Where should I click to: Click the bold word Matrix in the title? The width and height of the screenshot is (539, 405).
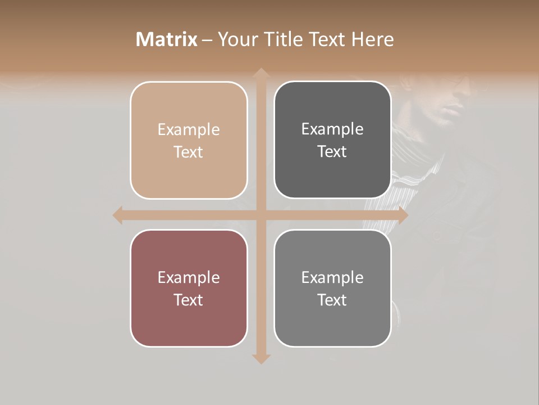[167, 39]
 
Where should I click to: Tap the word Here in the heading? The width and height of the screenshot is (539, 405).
[372, 39]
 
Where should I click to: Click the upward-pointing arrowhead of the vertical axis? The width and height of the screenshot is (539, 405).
[261, 74]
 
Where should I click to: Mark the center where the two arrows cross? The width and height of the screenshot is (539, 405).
[261, 215]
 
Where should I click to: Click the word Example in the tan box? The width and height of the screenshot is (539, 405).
[189, 130]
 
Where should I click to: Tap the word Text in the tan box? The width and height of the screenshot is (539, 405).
[189, 152]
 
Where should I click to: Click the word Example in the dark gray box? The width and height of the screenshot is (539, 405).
[332, 129]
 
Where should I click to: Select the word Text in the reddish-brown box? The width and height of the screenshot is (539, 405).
[189, 300]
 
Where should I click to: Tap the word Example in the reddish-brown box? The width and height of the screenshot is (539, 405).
[189, 278]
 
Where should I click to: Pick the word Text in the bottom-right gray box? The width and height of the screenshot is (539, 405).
[332, 300]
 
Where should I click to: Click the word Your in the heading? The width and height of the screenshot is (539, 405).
[235, 39]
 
